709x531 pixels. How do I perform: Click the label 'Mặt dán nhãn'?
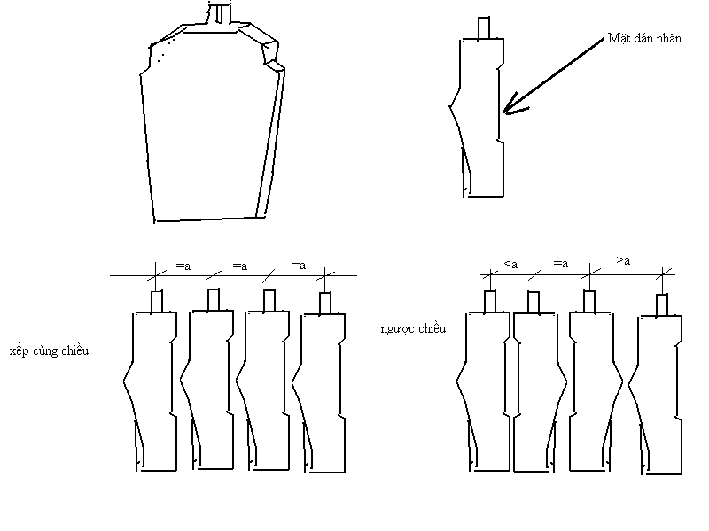(x=644, y=38)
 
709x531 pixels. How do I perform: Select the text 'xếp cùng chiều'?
(x=49, y=350)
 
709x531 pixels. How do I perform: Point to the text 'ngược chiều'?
(x=413, y=328)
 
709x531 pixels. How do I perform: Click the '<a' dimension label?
(x=510, y=264)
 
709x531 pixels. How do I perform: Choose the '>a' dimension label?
(x=623, y=260)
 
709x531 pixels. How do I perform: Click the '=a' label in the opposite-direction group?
(x=561, y=263)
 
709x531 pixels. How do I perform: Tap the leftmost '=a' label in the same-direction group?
(x=183, y=266)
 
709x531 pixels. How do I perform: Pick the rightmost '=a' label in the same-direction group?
(x=299, y=265)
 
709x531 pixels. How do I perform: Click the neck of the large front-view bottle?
(x=219, y=12)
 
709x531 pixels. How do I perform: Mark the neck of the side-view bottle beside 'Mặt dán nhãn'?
(x=484, y=28)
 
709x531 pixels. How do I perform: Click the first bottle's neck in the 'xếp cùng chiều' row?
(x=157, y=302)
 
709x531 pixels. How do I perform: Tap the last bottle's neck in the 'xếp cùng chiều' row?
(x=325, y=304)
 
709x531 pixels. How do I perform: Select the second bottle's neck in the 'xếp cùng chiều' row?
(x=214, y=300)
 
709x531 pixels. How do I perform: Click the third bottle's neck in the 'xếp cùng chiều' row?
(x=269, y=301)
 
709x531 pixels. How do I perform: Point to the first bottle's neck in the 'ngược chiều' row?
(x=490, y=302)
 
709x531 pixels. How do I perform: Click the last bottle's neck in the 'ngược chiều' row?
(x=662, y=305)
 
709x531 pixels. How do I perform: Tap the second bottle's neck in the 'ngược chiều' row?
(x=534, y=303)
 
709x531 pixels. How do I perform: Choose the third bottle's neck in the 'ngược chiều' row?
(x=589, y=302)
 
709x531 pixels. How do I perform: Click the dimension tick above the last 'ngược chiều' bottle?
(x=663, y=273)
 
